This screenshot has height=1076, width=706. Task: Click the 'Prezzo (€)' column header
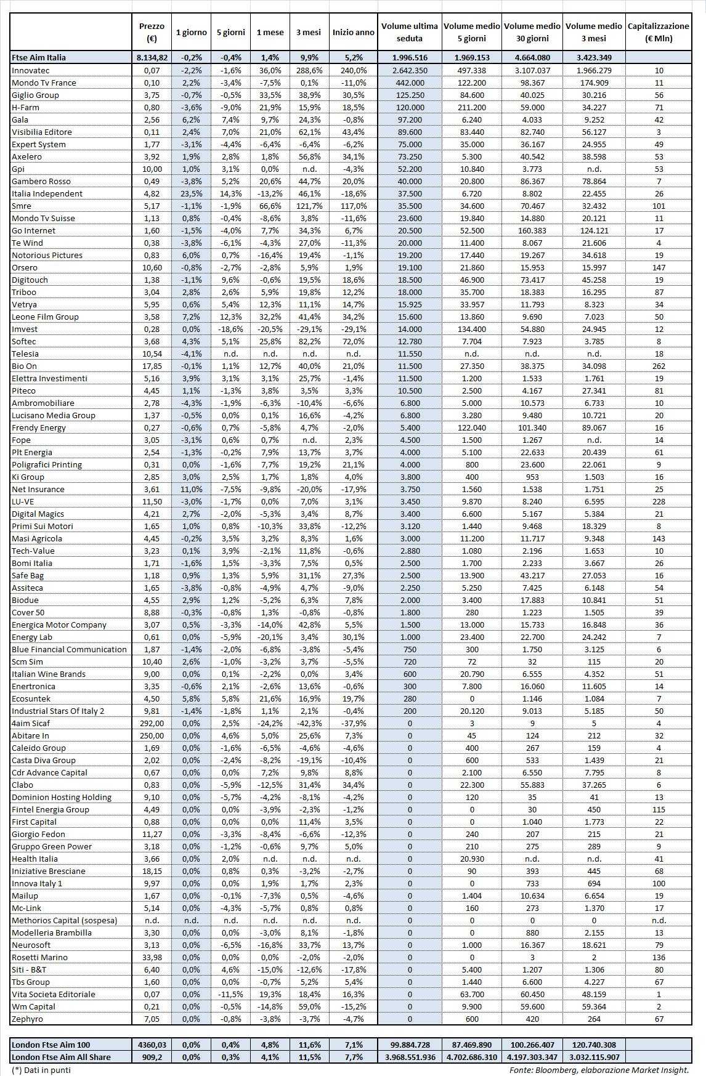(x=152, y=32)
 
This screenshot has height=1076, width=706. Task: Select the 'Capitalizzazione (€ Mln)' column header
(x=658, y=32)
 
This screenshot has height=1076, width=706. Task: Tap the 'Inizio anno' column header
(x=353, y=32)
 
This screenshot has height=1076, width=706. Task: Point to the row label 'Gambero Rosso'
(x=41, y=181)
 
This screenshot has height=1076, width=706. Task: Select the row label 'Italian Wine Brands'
(x=49, y=674)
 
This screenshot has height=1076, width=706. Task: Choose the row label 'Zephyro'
(x=28, y=1019)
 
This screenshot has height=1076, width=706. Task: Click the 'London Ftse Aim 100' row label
(x=51, y=1045)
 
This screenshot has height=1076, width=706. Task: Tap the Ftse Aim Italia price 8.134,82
(x=152, y=57)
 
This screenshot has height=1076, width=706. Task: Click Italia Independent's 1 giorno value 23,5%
(x=191, y=193)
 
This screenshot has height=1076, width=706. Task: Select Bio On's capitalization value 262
(x=659, y=366)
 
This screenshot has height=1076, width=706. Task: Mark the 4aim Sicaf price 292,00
(x=152, y=723)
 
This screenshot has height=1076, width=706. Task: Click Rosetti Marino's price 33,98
(x=152, y=957)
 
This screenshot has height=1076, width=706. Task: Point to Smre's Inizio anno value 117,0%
(x=353, y=206)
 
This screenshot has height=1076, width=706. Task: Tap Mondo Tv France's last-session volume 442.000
(x=410, y=83)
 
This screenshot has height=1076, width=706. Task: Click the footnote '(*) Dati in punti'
(x=41, y=1070)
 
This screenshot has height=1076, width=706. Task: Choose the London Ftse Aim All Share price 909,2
(x=152, y=1057)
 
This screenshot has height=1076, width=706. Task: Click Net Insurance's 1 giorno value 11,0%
(x=191, y=489)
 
